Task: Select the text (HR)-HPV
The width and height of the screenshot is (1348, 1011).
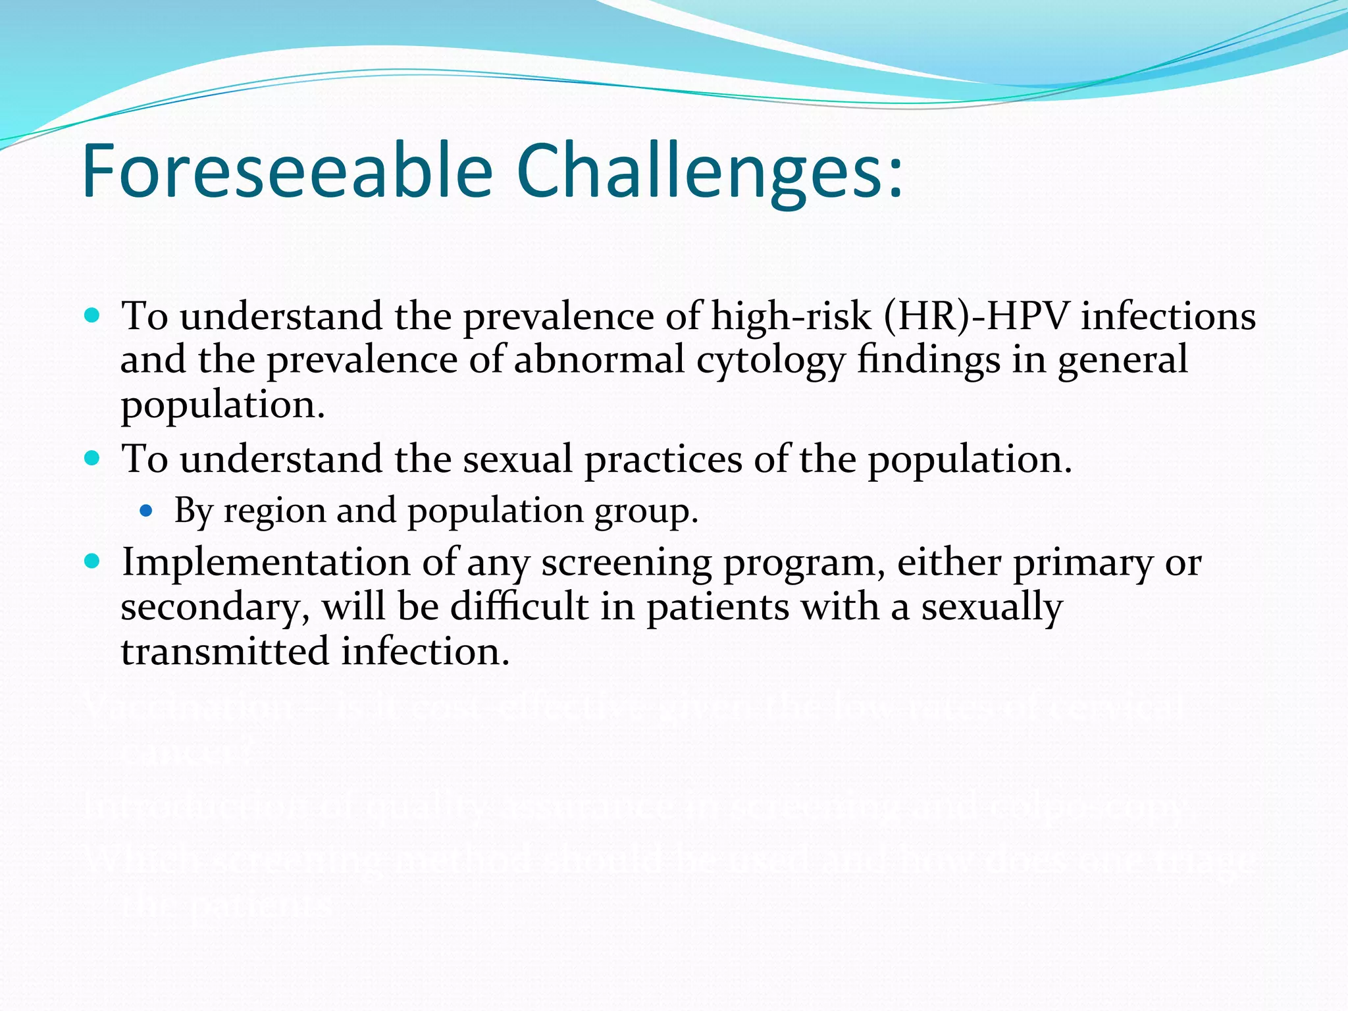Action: [x=976, y=316]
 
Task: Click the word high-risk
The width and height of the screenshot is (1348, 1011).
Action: [x=791, y=316]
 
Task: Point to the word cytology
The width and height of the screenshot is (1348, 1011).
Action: [x=770, y=361]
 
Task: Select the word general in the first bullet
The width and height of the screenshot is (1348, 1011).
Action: [x=1122, y=361]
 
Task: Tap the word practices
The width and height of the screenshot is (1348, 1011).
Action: [x=663, y=459]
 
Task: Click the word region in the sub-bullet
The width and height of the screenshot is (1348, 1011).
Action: [x=274, y=510]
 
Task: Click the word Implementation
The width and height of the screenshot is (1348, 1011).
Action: [x=266, y=563]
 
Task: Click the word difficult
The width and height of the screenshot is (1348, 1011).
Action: [x=519, y=606]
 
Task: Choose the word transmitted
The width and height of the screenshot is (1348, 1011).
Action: [x=225, y=652]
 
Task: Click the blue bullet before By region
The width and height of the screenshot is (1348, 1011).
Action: [x=146, y=510]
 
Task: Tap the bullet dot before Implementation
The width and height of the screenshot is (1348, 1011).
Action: [x=92, y=561]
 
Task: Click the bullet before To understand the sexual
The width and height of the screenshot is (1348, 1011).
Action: [x=92, y=458]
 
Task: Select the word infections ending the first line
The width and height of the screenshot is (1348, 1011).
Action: [x=1168, y=316]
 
